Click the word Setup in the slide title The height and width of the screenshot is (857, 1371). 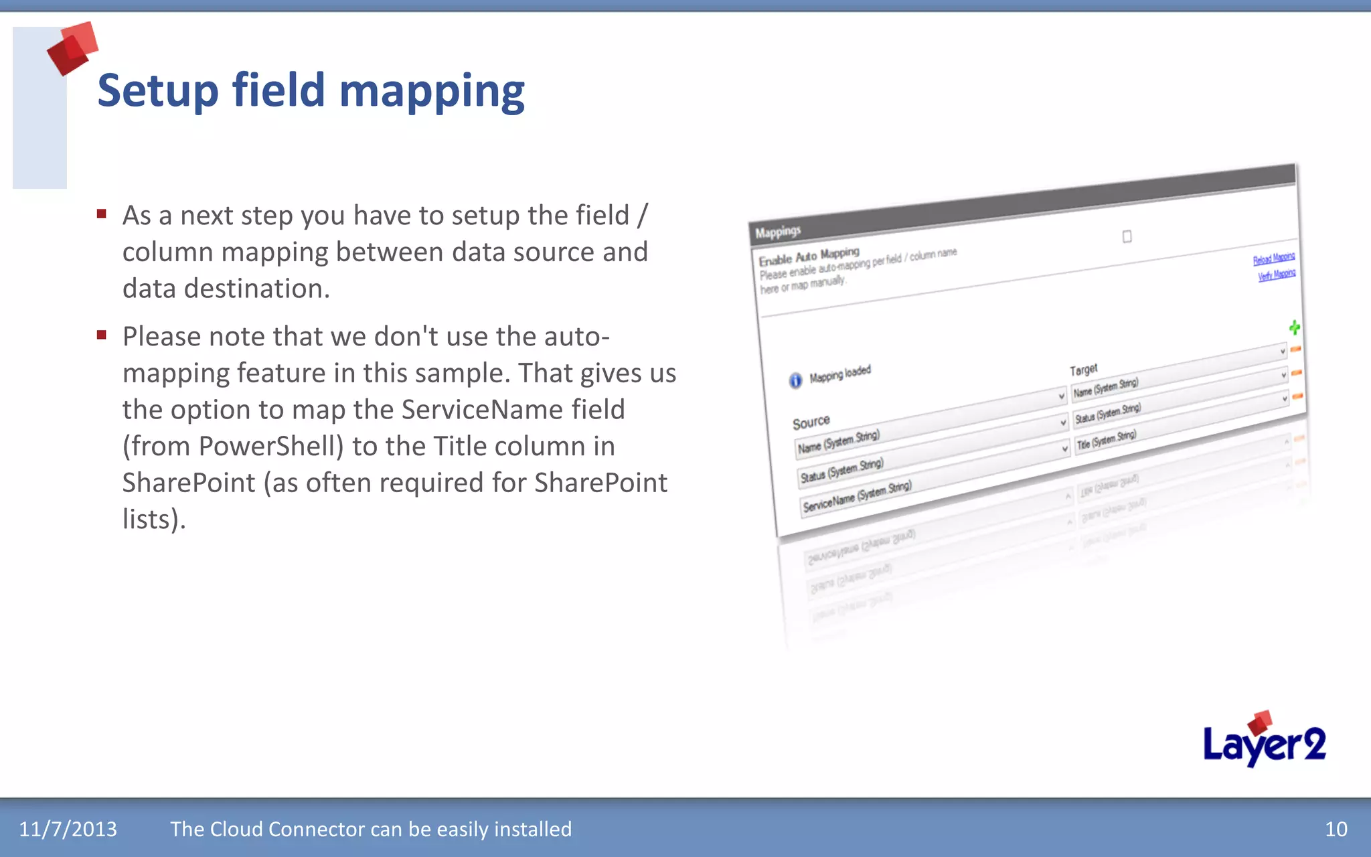click(158, 91)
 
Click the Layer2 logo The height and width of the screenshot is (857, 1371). click(1264, 742)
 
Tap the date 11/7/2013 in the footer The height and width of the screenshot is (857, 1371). click(68, 829)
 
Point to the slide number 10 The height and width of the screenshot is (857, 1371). click(1336, 829)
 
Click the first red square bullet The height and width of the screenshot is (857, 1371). click(102, 214)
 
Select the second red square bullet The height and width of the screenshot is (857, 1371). click(102, 335)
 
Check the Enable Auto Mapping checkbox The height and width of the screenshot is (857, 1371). click(1127, 236)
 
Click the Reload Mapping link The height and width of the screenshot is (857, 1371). click(1273, 258)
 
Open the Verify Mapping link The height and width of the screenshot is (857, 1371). click(1276, 275)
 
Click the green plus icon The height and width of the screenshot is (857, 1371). click(1294, 327)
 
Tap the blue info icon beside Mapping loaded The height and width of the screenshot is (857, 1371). click(795, 380)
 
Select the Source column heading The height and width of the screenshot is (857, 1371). click(811, 422)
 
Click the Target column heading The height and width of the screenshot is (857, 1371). click(1083, 370)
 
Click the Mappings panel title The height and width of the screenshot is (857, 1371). click(777, 232)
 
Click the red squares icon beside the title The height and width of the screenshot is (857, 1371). click(72, 48)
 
